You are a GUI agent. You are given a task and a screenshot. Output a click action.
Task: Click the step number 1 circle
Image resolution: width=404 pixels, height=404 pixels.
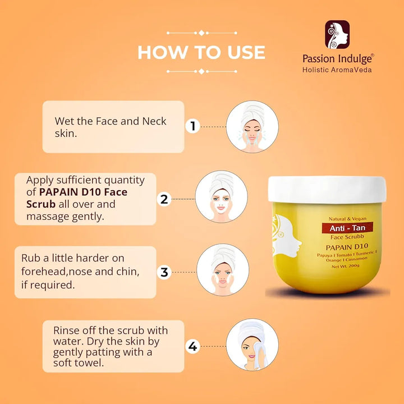click(192, 126)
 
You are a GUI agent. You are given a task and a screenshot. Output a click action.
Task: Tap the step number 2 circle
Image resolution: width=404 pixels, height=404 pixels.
click(164, 199)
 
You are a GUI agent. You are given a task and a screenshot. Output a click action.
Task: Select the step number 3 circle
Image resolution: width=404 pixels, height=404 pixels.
click(164, 272)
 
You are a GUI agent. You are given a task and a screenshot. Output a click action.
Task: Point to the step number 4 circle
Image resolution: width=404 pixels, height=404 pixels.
click(192, 346)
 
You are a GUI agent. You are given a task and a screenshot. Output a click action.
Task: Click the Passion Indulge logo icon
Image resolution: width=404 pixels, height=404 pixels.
click(337, 35)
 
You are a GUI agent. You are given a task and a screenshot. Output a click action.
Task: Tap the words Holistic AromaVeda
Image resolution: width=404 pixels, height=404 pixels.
click(337, 70)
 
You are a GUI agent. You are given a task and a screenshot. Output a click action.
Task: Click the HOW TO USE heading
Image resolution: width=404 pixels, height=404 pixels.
click(201, 52)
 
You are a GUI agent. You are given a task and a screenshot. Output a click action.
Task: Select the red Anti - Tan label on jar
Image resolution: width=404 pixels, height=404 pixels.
click(347, 228)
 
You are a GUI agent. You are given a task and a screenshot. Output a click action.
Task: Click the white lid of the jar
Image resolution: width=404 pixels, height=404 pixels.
click(327, 190)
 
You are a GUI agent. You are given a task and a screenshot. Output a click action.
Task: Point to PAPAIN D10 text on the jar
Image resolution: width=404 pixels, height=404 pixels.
click(347, 247)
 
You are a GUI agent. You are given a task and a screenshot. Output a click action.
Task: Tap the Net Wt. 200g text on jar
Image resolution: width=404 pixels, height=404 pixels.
click(345, 266)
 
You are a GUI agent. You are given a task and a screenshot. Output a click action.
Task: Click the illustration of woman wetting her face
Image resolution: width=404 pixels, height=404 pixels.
click(252, 126)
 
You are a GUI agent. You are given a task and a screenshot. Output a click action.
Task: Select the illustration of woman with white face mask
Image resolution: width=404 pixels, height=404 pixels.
click(221, 196)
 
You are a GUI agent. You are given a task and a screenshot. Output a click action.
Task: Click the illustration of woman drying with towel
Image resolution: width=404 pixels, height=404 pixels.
click(252, 345)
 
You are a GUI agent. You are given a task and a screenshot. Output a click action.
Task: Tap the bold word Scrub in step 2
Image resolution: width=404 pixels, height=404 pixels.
click(41, 204)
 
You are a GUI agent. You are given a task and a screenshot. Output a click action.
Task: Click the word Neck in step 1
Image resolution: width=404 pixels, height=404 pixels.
click(154, 121)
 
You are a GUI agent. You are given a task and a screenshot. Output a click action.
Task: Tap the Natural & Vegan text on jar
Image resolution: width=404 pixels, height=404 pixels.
click(347, 219)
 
